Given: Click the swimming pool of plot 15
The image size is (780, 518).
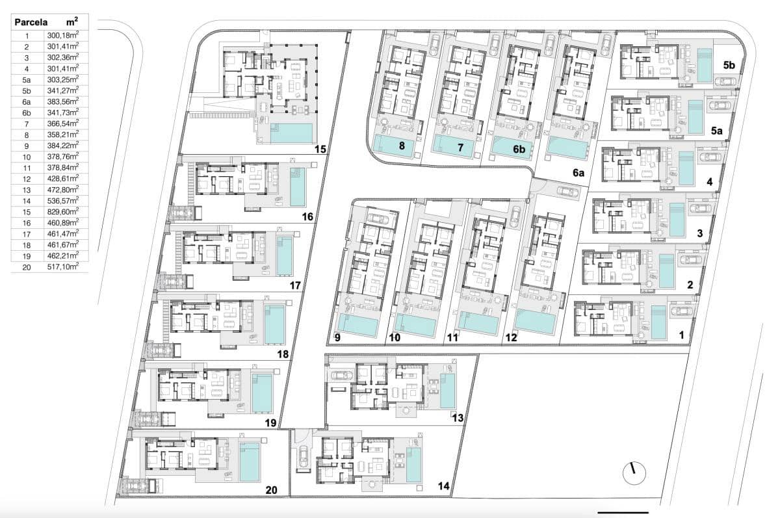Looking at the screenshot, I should point(291,133).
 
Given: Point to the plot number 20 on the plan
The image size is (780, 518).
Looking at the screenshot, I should point(273,490).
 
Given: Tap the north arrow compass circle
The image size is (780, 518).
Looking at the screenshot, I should point(633,473).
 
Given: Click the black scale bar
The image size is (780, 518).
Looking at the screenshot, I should point(622,512).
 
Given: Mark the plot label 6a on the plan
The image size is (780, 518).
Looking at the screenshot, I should point(578,174).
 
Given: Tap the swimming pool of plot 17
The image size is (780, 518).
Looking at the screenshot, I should point(285,255).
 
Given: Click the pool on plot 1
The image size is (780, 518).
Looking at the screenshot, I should point(658,322).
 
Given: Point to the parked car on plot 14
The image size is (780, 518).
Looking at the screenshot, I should point(303,457).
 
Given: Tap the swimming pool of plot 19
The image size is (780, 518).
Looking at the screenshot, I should point(262,392).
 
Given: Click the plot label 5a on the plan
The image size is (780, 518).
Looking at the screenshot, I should point(717,131).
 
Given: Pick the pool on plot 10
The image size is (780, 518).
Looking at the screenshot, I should point(413,326).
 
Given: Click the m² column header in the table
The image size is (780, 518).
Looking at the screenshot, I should point(71,21).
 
